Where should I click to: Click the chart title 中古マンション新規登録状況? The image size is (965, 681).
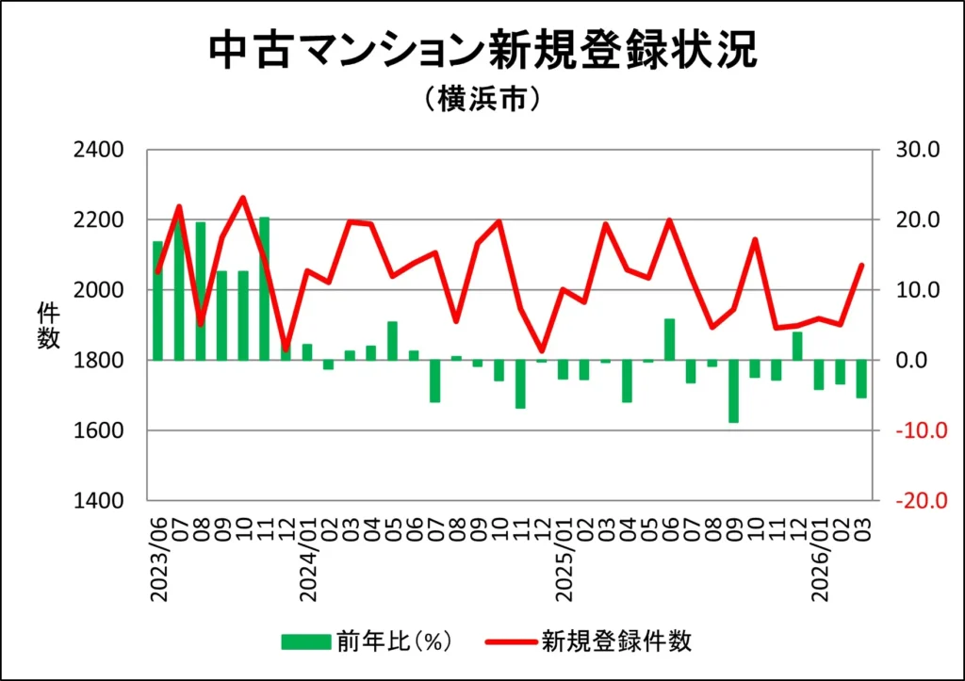pos(482,52)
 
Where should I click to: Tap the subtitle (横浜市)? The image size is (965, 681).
pos(482,99)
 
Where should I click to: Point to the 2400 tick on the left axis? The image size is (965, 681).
pos(98,150)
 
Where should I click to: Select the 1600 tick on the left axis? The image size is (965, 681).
pos(98,430)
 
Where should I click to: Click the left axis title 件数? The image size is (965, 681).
pos(48,326)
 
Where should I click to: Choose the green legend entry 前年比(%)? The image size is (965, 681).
pos(368,642)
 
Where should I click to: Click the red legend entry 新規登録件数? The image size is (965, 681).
pos(589,642)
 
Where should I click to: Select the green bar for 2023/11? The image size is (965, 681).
pos(265,288)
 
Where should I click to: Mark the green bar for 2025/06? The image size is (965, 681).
pos(670,339)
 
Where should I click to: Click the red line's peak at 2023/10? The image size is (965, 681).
pos(243,198)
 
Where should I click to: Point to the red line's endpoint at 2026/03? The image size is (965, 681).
pos(861,265)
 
